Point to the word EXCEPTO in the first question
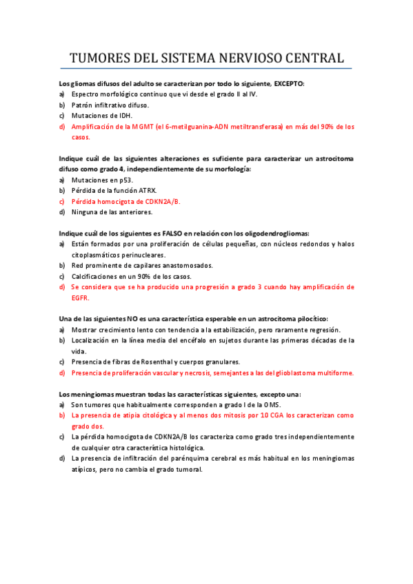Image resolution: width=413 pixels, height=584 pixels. coord(288,83)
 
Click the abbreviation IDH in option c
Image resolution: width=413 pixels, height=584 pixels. coord(123,116)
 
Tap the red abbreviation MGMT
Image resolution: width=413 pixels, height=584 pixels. coord(154,127)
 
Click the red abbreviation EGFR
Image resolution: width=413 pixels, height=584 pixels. coord(80,298)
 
